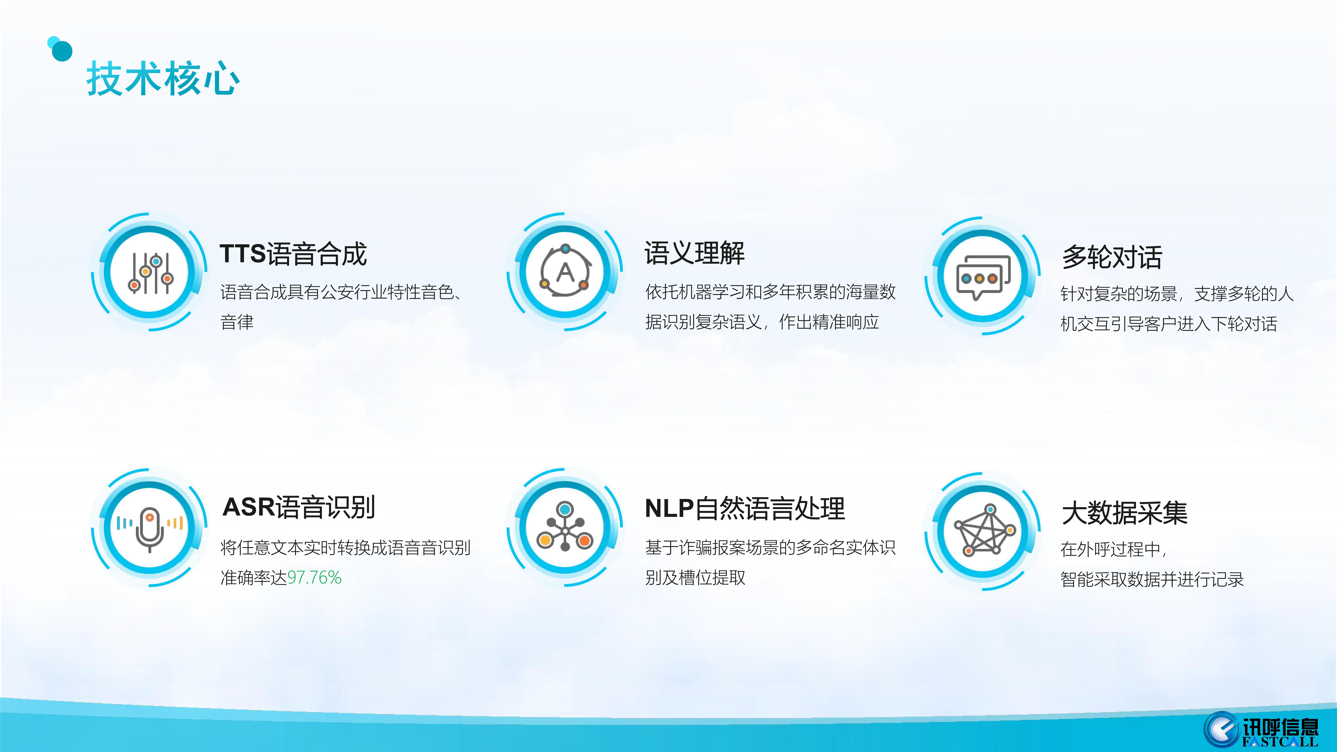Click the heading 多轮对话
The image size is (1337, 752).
1112,257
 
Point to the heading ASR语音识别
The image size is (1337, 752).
299,507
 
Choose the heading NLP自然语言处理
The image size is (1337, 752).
745,509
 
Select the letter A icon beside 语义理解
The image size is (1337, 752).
565,270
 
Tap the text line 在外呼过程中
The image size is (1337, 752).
1113,549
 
